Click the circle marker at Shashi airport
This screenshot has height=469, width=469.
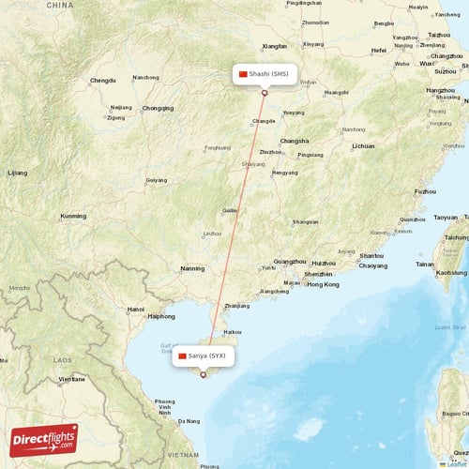(265, 92)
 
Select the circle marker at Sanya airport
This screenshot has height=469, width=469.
(203, 374)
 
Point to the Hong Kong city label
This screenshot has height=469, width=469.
(323, 284)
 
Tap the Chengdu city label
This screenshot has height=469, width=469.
(102, 81)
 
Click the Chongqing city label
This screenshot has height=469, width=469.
(158, 108)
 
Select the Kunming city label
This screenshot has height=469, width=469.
(72, 216)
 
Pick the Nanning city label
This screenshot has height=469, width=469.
(192, 268)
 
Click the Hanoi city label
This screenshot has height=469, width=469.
(136, 309)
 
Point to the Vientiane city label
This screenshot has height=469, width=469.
(72, 379)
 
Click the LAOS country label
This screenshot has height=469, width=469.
(62, 359)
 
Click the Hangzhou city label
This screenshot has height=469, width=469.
(440, 90)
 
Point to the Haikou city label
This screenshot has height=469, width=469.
(232, 331)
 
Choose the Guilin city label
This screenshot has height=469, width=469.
(229, 211)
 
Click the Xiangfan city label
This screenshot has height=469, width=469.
(275, 45)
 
